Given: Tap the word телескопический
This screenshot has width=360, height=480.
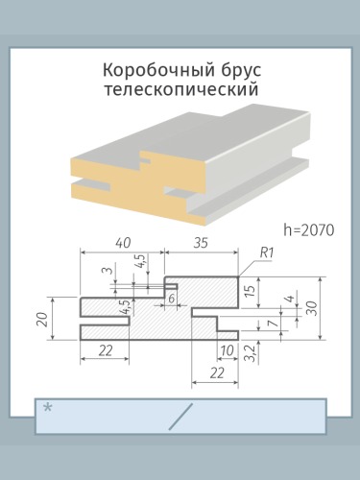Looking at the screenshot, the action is click(181, 90).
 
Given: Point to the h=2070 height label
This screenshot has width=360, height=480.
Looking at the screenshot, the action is click(309, 229).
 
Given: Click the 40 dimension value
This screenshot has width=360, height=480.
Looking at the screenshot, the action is click(123, 243).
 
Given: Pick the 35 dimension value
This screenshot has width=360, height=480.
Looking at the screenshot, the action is click(202, 243).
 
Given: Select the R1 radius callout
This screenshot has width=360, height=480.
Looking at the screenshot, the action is click(266, 252).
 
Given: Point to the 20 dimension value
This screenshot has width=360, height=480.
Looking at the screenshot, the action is click(43, 319).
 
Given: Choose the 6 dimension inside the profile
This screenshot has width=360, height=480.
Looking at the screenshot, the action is click(172, 299).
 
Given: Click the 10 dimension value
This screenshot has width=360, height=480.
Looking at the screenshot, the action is click(227, 351).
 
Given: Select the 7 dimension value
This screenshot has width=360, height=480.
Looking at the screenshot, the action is click(273, 324).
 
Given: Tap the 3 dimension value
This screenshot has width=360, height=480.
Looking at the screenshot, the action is click(108, 271).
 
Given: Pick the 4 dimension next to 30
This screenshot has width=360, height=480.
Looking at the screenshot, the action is click(290, 300).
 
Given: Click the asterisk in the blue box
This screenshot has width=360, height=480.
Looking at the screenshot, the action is click(48, 408).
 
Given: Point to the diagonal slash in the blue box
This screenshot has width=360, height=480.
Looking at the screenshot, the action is click(180, 417).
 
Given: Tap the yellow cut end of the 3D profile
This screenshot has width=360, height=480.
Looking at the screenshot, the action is click(136, 186).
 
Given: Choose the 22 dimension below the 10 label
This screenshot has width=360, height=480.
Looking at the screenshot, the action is click(217, 372).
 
